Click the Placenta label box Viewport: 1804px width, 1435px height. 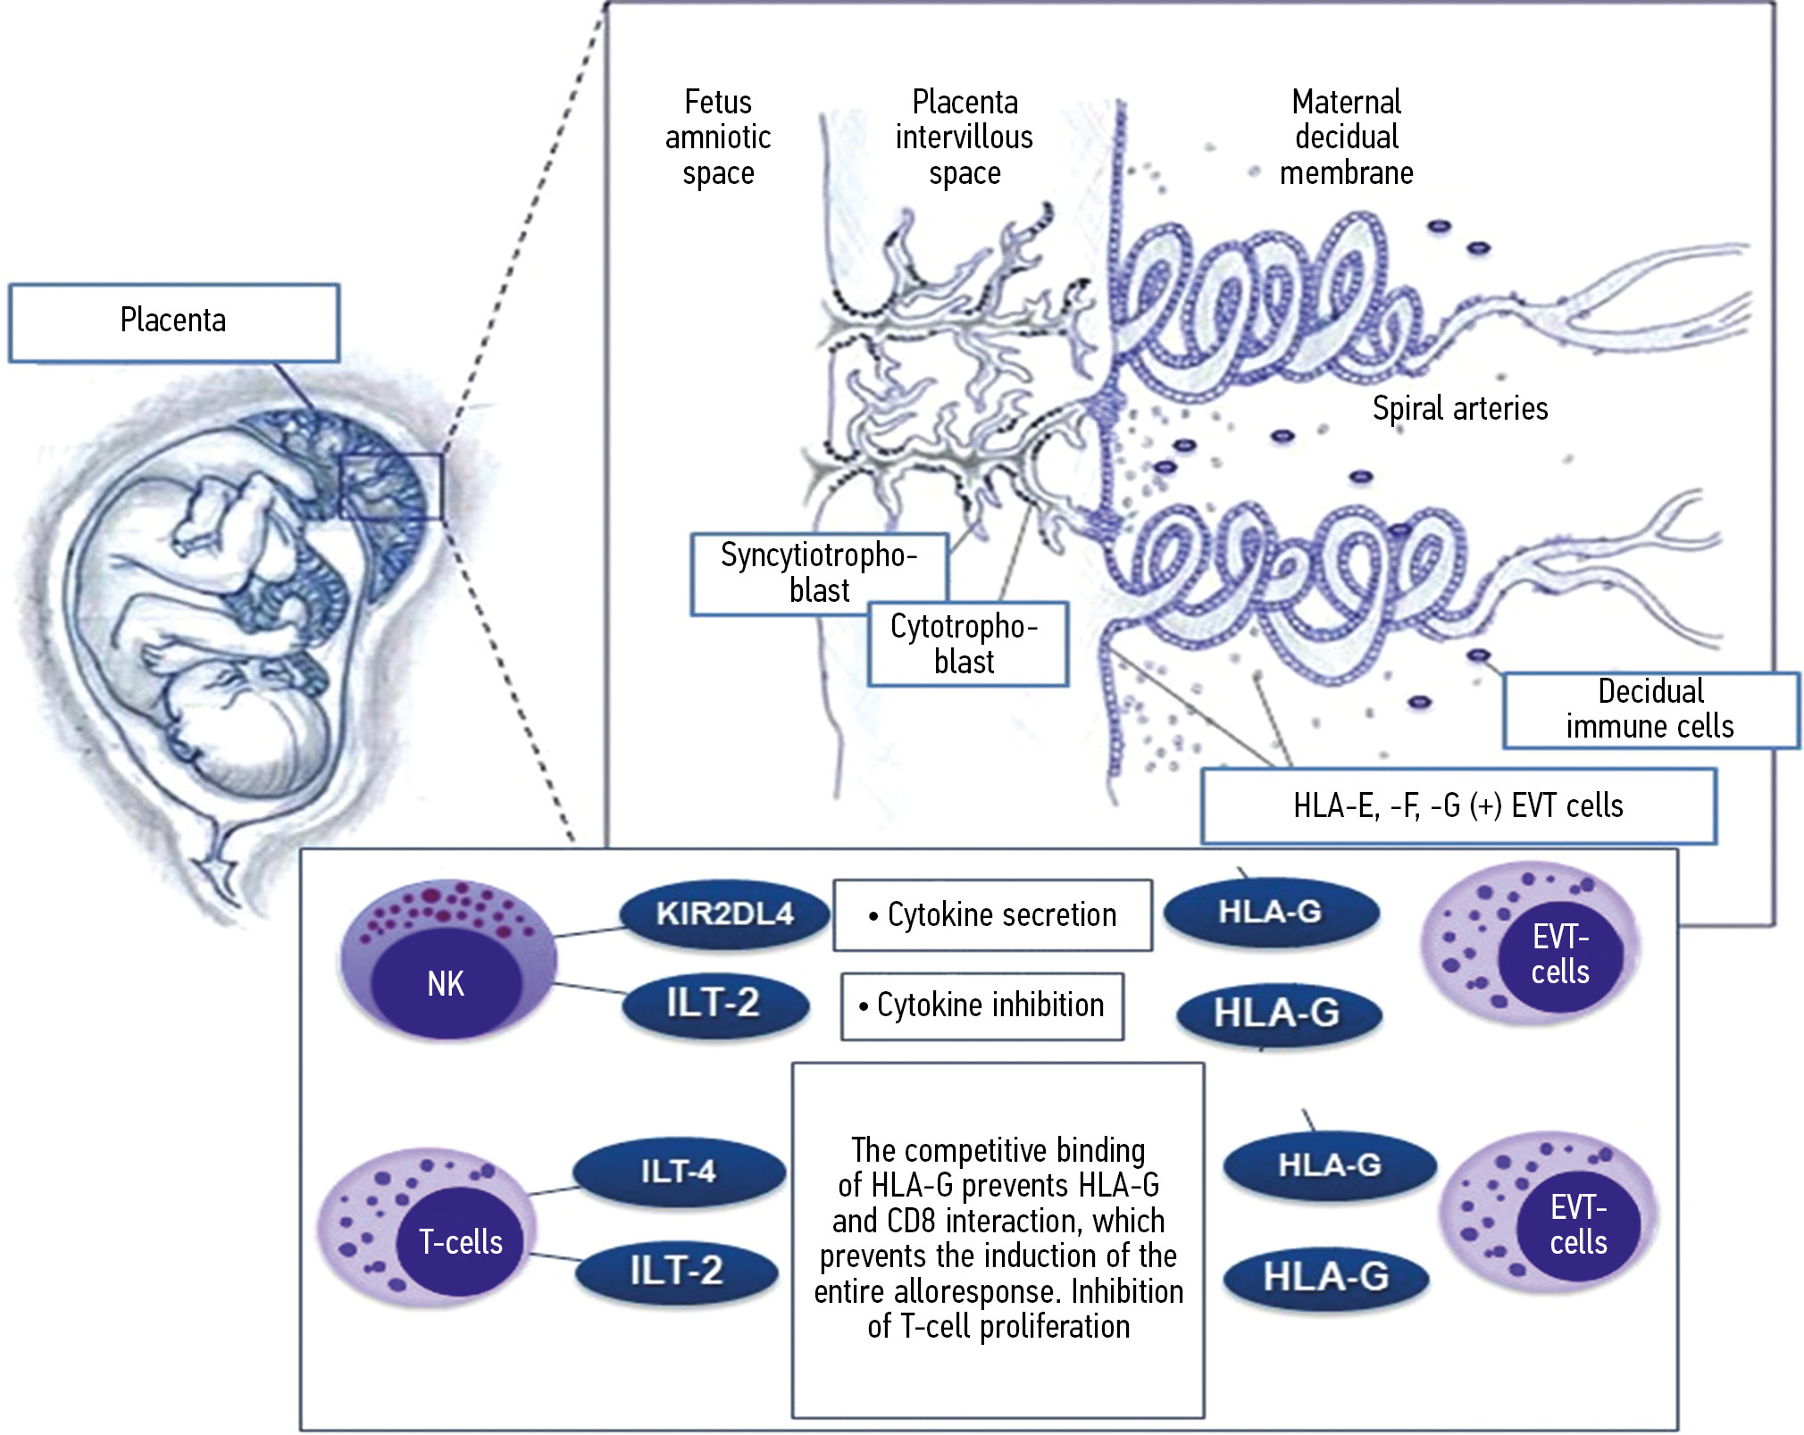[173, 321]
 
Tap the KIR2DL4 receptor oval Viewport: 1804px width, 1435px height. [724, 914]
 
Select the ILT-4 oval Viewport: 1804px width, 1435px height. [678, 1171]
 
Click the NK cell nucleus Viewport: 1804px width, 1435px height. [446, 984]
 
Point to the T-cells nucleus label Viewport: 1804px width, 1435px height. [461, 1241]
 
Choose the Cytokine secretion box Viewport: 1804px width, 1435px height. [992, 915]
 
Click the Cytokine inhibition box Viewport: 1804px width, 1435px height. [981, 1005]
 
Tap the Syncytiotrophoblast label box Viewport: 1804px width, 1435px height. [819, 573]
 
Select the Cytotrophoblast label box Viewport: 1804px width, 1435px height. [966, 644]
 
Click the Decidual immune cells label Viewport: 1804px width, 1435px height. [1649, 709]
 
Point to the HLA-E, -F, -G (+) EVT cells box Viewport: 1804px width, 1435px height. [1457, 805]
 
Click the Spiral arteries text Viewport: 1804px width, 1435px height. [1459, 408]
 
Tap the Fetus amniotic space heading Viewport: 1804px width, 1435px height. [718, 137]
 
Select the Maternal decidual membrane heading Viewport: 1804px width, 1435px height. [1346, 137]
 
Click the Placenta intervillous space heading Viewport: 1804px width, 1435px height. [964, 137]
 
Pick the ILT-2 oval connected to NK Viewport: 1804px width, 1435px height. [714, 1003]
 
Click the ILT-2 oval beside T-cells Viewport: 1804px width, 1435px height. [676, 1270]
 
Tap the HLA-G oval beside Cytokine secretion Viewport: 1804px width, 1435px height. [1270, 912]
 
